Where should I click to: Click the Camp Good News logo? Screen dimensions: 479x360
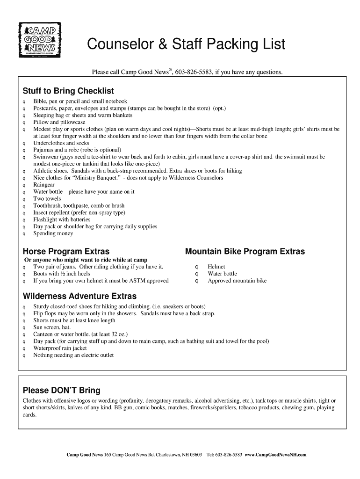coord(40,40)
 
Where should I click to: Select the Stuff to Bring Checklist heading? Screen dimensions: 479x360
coord(68,91)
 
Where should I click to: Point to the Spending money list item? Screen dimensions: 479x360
coord(53,233)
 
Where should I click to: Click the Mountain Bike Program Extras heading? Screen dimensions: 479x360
coord(245,252)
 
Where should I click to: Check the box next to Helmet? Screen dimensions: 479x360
coord(197,267)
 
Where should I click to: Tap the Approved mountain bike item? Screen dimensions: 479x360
coord(237,281)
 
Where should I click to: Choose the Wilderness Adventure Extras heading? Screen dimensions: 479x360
coord(79,296)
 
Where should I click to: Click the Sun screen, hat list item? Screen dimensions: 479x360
coord(52,327)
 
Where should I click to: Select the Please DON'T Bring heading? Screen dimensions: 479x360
coord(61,391)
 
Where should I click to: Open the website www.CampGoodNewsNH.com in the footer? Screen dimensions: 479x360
coord(275,455)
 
